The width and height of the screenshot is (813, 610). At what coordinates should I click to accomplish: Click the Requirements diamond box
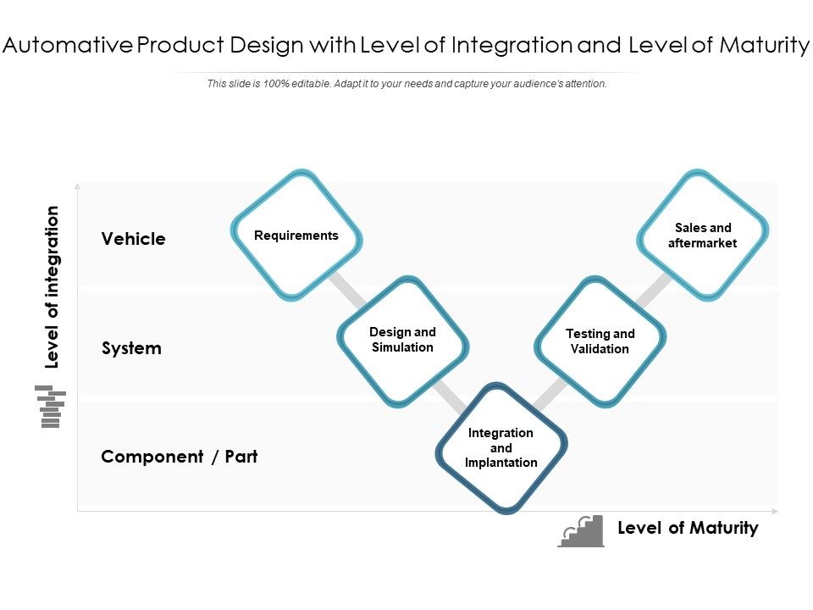click(296, 236)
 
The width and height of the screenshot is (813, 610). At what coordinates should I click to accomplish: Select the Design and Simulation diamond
click(402, 340)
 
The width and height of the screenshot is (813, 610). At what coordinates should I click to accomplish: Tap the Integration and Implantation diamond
click(501, 448)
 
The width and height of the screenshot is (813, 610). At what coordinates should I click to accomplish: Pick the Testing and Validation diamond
click(600, 341)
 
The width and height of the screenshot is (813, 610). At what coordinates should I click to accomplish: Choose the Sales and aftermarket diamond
click(702, 235)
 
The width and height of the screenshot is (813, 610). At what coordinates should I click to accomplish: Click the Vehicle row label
click(134, 239)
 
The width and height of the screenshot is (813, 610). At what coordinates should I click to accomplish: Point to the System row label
click(131, 348)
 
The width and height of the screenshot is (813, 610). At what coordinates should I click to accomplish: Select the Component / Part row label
click(179, 457)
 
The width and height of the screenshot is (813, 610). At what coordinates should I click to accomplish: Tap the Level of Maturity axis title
click(688, 528)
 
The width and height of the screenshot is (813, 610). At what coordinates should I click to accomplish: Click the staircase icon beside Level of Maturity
click(582, 531)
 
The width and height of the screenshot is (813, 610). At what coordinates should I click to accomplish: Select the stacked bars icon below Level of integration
click(51, 407)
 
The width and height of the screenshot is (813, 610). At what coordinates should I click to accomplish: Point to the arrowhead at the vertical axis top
click(78, 185)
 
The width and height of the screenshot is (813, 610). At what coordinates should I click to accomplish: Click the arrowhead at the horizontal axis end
click(775, 511)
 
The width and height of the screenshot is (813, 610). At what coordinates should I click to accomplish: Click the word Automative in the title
click(67, 46)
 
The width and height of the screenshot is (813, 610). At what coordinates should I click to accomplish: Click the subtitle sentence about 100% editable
click(406, 84)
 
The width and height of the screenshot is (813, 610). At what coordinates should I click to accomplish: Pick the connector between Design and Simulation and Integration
click(450, 395)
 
